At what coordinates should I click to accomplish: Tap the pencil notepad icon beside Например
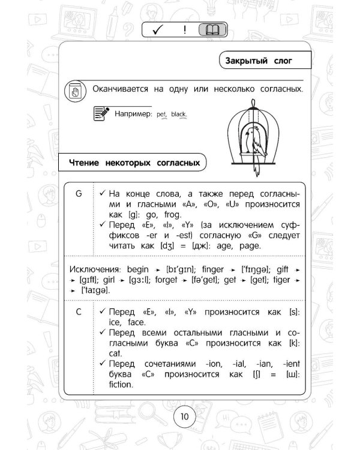[102, 112]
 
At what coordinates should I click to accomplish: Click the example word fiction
[121, 385]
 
